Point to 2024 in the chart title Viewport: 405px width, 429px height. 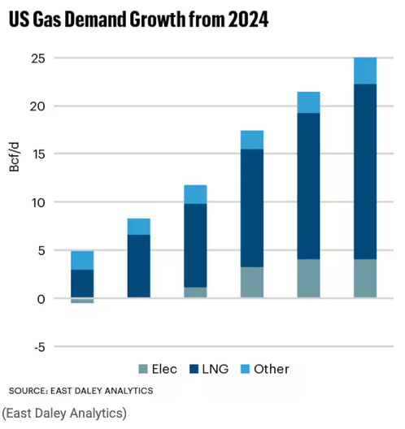coord(248,19)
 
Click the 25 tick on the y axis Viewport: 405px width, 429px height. coord(37,58)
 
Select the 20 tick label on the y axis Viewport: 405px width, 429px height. coord(37,106)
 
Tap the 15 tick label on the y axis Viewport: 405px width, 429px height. coord(38,154)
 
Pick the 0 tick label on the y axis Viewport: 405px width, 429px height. coord(41,299)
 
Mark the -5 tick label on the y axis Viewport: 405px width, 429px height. coord(39,348)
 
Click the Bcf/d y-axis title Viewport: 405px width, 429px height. coord(15,157)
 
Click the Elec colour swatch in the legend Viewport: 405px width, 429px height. coord(143,369)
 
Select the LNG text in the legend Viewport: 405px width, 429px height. coord(216,369)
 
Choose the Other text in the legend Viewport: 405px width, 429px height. coord(272,369)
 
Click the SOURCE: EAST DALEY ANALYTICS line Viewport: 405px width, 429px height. coord(81,391)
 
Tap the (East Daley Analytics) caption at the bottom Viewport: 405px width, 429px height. coord(64,413)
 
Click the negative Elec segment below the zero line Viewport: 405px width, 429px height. coord(82,301)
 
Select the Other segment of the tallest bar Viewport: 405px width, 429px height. coord(365,71)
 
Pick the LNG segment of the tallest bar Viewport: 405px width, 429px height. coord(365,171)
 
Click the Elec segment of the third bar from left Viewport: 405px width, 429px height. coord(195,292)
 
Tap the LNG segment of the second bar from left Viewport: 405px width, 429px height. coord(139,266)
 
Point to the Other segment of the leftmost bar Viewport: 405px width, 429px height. coord(82,261)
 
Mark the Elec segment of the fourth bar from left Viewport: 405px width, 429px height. coord(252,283)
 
